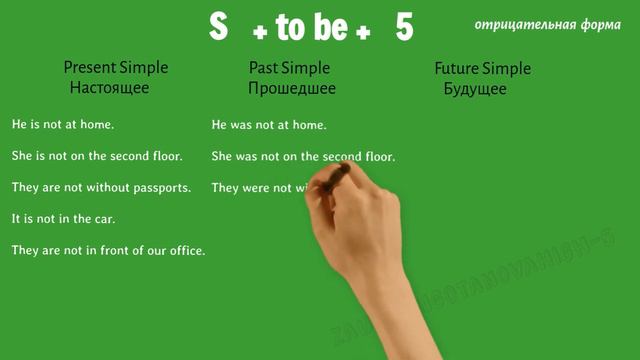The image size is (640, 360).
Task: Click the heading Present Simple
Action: click(115, 68)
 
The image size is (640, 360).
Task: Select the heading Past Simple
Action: click(291, 68)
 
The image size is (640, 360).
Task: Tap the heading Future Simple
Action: click(482, 68)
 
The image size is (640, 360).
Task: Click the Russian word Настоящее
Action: click(109, 88)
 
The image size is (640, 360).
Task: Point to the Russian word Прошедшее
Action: click(292, 88)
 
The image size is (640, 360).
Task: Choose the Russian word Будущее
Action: click(474, 88)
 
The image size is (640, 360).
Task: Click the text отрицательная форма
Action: click(547, 25)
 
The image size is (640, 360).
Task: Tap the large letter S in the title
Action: click(219, 28)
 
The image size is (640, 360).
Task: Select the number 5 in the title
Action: click(404, 28)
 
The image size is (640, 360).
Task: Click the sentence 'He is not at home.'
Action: click(63, 125)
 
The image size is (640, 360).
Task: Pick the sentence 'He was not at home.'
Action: click(269, 125)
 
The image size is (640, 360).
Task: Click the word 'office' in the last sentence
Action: click(184, 250)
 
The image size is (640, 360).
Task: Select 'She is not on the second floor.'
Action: click(96, 156)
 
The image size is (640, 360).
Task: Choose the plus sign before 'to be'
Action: click(260, 33)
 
